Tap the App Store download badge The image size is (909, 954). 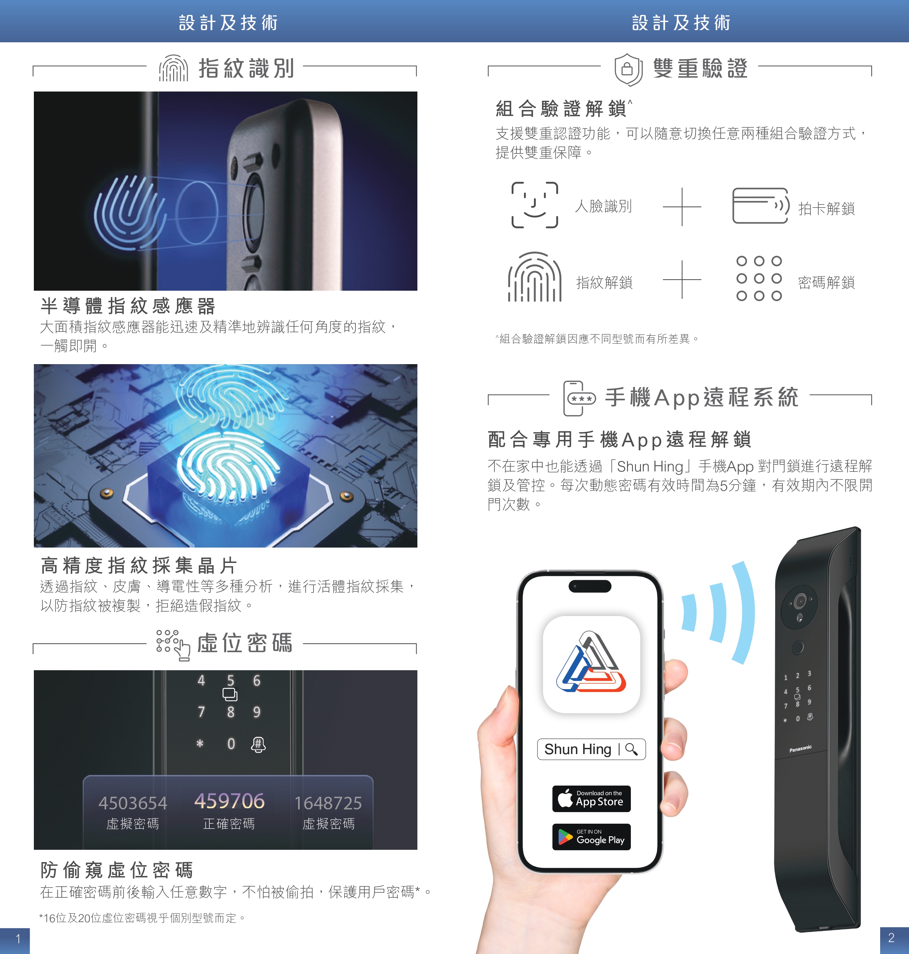(591, 799)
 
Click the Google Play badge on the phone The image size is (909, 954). (591, 837)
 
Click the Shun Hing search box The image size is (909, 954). (591, 749)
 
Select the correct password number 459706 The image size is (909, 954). (229, 801)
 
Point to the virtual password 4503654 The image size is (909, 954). (133, 803)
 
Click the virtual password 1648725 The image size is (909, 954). (328, 803)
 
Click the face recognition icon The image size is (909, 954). (534, 205)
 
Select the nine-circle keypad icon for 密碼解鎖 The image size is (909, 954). (759, 278)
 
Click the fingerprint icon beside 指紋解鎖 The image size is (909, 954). (534, 277)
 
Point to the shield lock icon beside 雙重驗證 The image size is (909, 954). (629, 70)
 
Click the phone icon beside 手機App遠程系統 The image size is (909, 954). (579, 398)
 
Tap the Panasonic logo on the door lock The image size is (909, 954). (800, 749)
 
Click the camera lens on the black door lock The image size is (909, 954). (799, 601)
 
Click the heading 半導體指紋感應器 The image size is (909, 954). (128, 306)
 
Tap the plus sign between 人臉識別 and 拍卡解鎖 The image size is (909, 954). (682, 207)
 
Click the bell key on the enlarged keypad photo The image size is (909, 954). (258, 744)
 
